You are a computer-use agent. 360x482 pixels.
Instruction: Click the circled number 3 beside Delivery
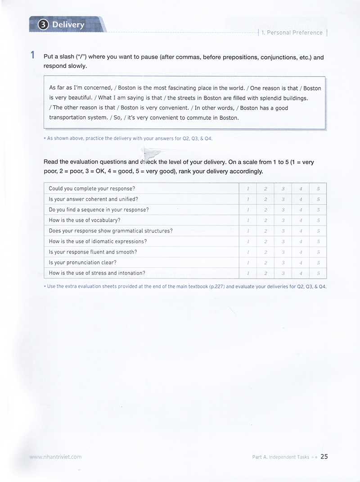43,25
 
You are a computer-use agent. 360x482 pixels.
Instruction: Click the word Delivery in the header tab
68,25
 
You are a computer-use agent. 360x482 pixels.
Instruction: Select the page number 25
324,456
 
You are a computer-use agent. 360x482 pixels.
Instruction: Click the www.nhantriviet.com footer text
55,456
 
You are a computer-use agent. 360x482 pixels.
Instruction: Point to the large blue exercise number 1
33,56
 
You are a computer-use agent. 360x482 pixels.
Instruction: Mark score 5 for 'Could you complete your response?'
318,189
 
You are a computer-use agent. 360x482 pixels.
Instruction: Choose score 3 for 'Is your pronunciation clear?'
283,263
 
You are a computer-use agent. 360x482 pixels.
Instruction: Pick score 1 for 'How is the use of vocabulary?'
247,220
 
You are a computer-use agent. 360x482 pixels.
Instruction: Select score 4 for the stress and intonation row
301,273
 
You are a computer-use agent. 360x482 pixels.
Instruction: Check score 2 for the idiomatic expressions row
265,241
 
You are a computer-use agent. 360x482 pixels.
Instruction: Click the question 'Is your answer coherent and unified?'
93,199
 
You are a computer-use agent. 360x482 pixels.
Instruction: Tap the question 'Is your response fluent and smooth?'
93,252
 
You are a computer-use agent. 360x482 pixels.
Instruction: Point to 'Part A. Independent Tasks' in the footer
281,457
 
